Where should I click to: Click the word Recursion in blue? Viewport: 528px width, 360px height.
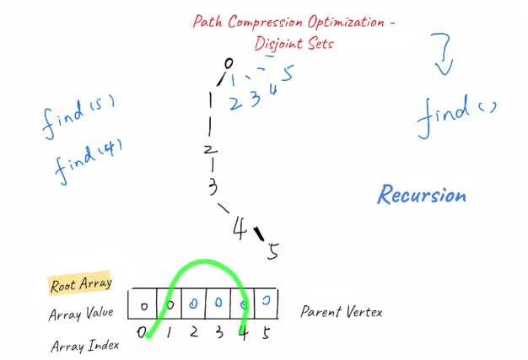[x=421, y=196]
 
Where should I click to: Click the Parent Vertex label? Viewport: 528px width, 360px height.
[x=342, y=312]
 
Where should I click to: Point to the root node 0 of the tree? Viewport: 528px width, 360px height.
[x=227, y=62]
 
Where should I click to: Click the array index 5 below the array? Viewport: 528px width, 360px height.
[x=267, y=333]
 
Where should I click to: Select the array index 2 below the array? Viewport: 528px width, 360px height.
[x=193, y=333]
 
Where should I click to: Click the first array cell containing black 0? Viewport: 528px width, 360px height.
[x=144, y=304]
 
